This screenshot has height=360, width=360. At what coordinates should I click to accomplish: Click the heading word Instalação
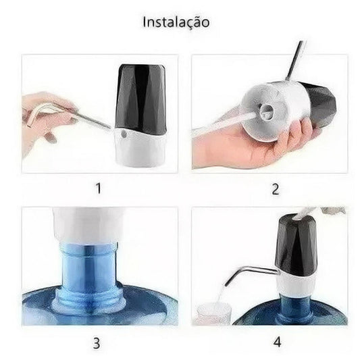click(176, 22)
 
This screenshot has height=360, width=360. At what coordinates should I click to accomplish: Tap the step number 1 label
click(98, 188)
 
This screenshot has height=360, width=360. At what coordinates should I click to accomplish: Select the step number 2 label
click(276, 189)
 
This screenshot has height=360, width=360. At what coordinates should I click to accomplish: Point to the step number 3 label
click(97, 344)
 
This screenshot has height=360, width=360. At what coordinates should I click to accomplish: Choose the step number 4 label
click(277, 342)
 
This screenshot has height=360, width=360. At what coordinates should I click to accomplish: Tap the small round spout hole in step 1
click(124, 134)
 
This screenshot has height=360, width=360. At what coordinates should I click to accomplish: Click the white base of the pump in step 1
click(140, 148)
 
